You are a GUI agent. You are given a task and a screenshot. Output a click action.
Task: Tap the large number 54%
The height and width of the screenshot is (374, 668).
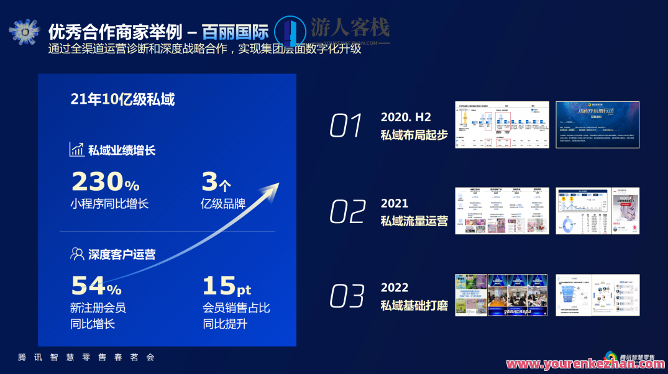pos(96,286)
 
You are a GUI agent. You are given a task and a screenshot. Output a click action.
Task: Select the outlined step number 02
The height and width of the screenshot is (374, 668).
pos(347,212)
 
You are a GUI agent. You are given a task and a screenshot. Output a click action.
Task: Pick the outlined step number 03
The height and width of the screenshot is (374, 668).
pos(347,296)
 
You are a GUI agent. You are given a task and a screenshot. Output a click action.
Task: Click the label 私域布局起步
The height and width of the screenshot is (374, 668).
pos(414,135)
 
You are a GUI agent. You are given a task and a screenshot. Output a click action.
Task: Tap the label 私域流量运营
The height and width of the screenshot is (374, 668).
pos(414,221)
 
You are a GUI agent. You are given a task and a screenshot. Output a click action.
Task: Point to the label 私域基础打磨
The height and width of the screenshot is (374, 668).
pos(414,306)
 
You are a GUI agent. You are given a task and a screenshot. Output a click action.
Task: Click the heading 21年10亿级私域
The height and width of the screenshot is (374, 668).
pos(122,99)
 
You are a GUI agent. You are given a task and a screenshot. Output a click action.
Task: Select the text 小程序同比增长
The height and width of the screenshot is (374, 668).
pos(109,204)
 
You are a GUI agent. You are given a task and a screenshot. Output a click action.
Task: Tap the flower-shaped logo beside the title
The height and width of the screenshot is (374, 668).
pos(24,31)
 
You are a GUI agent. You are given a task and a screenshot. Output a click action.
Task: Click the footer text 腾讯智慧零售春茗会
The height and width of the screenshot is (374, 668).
pos(86,357)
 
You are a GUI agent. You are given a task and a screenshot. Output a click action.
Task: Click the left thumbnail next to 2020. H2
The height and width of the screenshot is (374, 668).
pos(501,125)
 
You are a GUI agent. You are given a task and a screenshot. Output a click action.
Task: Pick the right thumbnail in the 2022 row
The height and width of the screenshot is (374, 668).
pos(597,295)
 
